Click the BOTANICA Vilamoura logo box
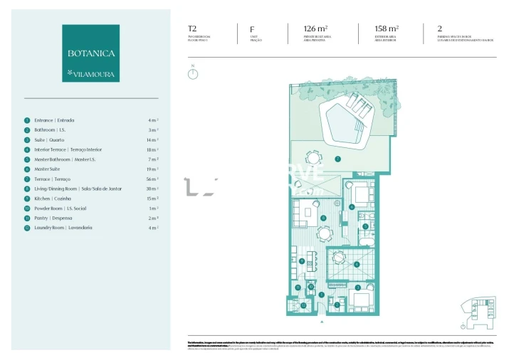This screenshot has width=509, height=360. click(x=90, y=53)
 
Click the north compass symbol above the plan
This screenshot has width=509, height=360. click(x=192, y=73)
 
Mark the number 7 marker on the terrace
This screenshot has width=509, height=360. click(x=338, y=159)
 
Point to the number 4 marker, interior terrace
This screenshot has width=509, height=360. click(x=357, y=265)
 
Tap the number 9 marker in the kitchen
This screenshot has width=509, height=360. click(x=302, y=261)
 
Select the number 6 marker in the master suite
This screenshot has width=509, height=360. click(x=352, y=207)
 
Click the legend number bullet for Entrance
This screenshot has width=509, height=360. click(x=27, y=120)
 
